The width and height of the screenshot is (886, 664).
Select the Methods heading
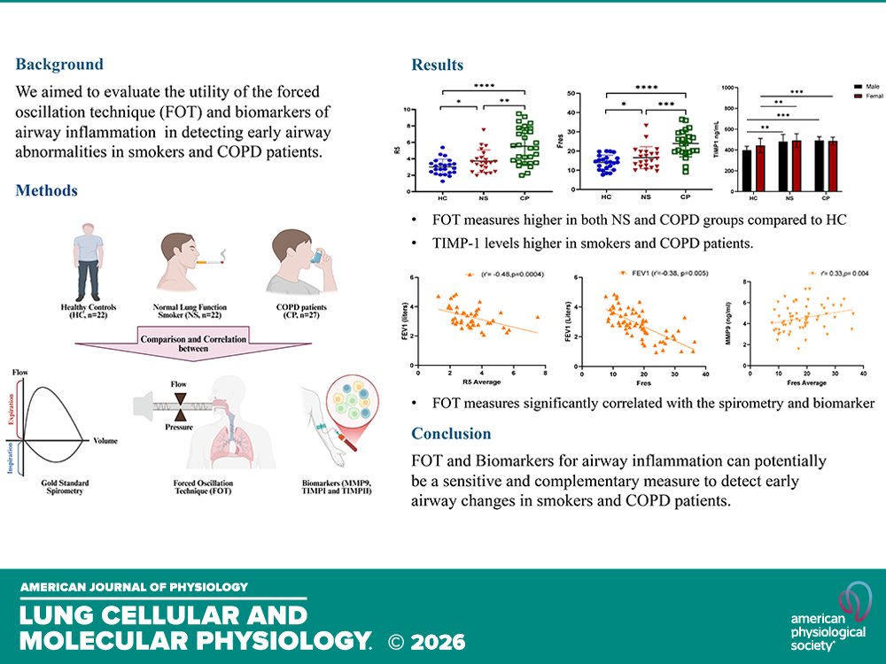tap(47, 190)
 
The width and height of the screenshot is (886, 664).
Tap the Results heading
tap(437, 65)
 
